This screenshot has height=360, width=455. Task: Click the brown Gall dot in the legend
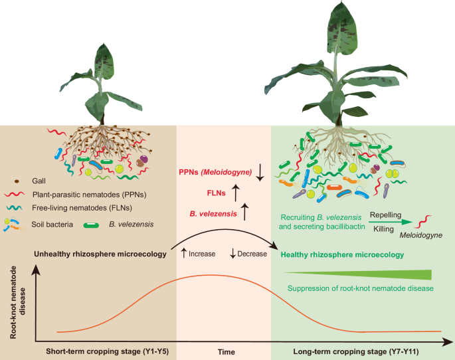pyautogui.click(x=17, y=181)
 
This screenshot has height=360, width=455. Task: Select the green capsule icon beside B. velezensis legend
pyautogui.click(x=89, y=223)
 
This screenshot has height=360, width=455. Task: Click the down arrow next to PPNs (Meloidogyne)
pyautogui.click(x=260, y=173)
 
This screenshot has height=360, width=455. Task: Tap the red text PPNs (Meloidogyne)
pyautogui.click(x=215, y=173)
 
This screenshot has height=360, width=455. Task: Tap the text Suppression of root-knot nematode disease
pyautogui.click(x=360, y=288)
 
